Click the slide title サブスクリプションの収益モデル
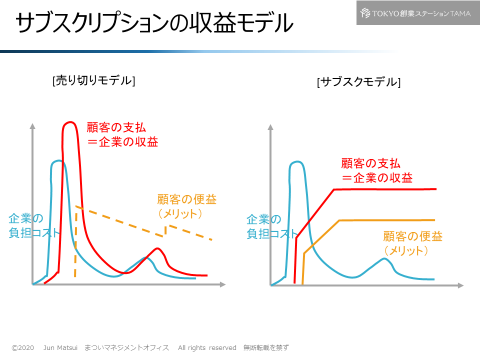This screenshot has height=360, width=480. pos(154,23)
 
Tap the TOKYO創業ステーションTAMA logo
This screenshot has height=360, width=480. pos(415,13)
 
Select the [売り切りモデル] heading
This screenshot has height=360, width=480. pos(93,80)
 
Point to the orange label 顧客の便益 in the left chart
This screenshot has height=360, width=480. pos(186,199)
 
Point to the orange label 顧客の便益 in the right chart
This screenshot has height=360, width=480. pos(412,236)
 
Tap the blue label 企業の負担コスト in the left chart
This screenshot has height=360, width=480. pos(33,226)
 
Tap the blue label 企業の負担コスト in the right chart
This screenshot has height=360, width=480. pos(271,226)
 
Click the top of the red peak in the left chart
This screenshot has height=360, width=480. pos(70,122)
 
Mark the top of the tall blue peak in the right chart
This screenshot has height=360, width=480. pos(297,162)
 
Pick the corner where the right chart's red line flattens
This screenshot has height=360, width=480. pos(334,189)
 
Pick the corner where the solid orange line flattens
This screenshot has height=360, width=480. pos(340,220)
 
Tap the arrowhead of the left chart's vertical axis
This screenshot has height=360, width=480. pos(32,125)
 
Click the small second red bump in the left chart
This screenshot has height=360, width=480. pos(157,248)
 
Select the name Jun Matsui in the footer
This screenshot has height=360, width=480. pos(59,347)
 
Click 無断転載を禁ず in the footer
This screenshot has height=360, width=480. pos(266,347)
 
